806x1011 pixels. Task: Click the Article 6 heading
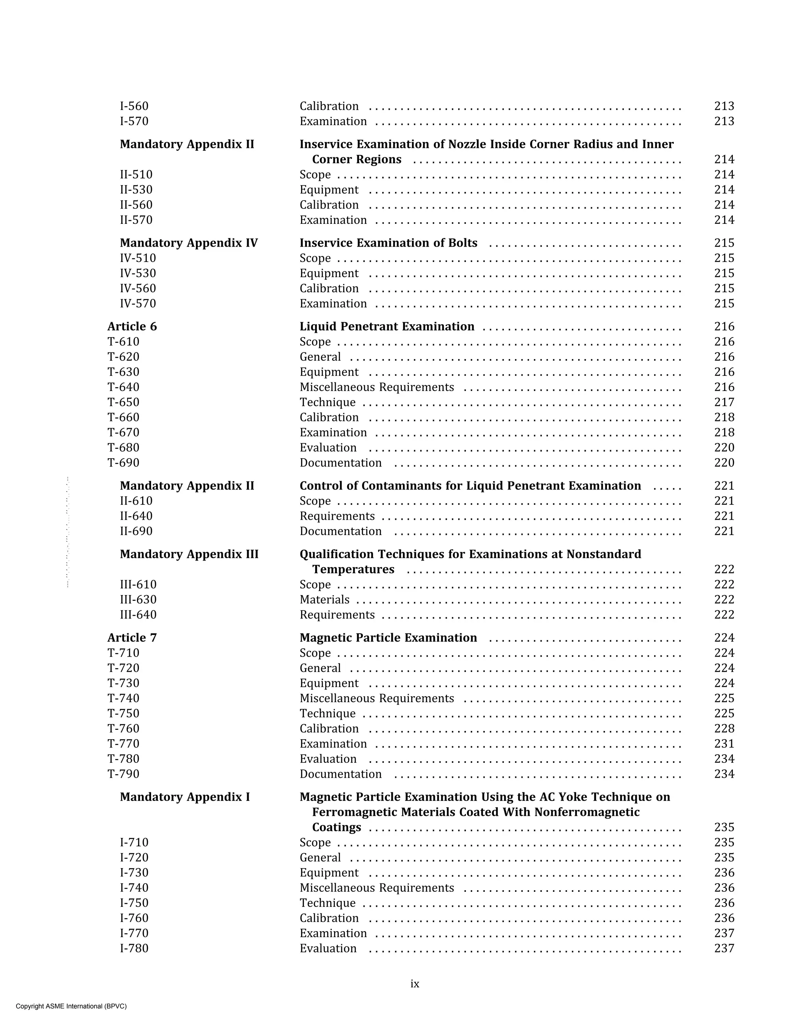pos(132,327)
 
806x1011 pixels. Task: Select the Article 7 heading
pos(132,638)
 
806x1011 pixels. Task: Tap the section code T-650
pos(124,402)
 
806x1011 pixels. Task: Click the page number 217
pos(724,402)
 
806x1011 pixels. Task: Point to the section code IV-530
pos(138,273)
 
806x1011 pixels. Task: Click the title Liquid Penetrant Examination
pos(386,327)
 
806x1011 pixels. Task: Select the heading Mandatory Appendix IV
pos(189,243)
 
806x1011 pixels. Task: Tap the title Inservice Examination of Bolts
pos(388,243)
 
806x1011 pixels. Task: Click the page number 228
pos(724,729)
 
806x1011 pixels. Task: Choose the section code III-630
pos(138,600)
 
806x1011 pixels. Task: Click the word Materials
pos(324,600)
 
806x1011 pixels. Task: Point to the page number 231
pos(724,744)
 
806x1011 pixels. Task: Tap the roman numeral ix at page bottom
pos(415,984)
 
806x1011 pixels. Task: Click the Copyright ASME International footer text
pos(71,1006)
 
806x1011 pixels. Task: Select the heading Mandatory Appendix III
pos(189,554)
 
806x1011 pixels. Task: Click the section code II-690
pos(136,531)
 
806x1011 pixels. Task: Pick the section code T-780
pos(124,759)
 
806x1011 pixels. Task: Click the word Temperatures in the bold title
pos(353,569)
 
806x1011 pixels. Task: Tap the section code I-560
pos(134,107)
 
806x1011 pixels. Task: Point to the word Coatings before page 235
pos(336,827)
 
